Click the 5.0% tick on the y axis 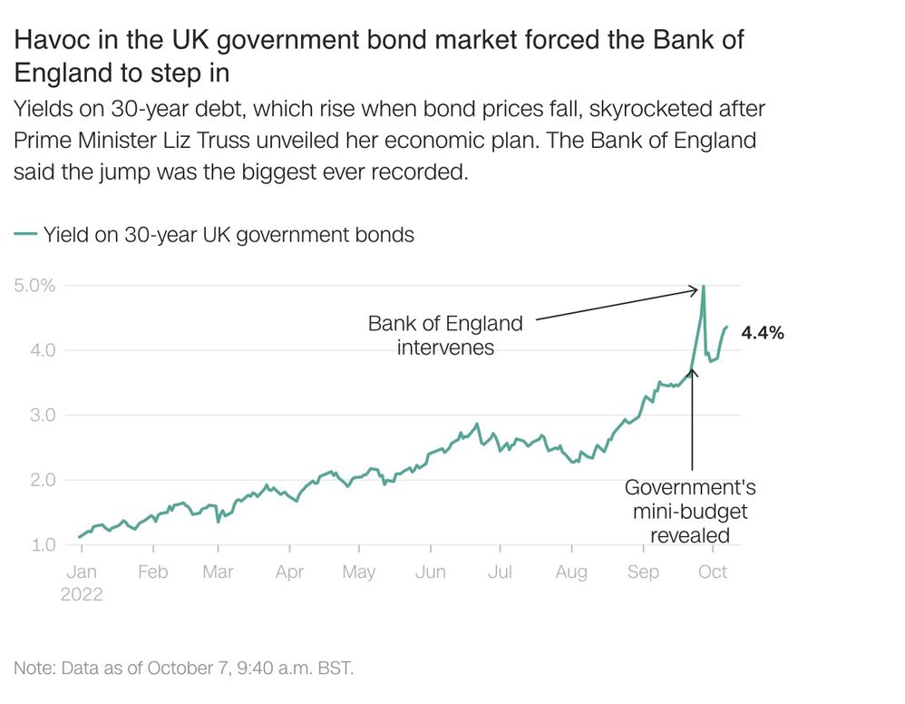tap(35, 286)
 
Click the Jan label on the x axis tap(83, 572)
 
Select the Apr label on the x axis tap(289, 572)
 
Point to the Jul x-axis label tap(500, 572)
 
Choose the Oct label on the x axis tap(713, 572)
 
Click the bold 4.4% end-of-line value tap(763, 333)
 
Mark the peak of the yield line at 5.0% tap(704, 287)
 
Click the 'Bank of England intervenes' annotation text tap(445, 335)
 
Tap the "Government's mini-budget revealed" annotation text tap(690, 512)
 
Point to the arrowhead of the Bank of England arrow tap(696, 290)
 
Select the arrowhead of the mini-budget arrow tap(692, 371)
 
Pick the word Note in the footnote tap(33, 669)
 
